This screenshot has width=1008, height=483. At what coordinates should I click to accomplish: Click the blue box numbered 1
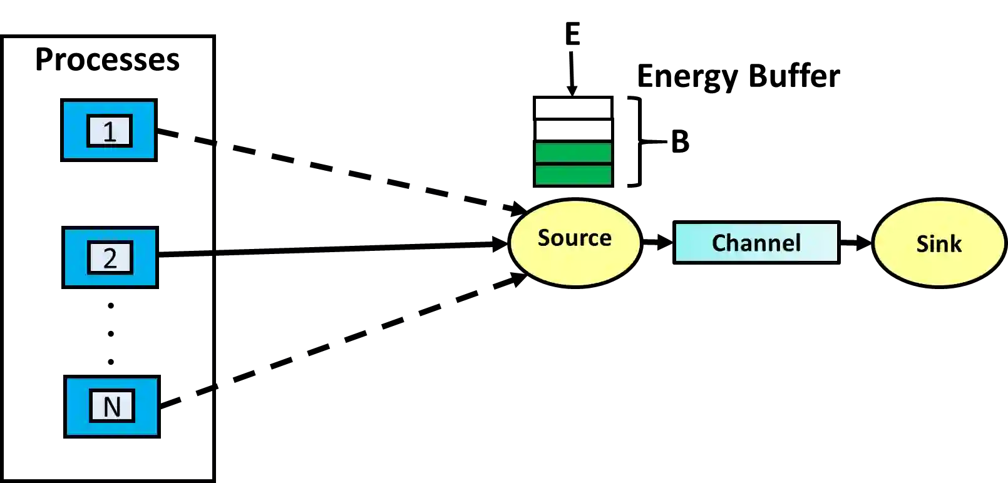[x=110, y=131]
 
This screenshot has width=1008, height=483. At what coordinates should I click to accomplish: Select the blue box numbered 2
[x=110, y=258]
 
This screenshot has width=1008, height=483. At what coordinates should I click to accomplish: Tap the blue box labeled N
[x=112, y=406]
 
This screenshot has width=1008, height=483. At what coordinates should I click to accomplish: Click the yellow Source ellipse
[x=575, y=243]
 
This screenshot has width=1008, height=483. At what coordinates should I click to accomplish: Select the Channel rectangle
[x=756, y=243]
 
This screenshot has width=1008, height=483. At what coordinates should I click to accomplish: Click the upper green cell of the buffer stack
[x=572, y=153]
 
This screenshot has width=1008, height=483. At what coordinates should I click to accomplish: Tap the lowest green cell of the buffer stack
[x=572, y=175]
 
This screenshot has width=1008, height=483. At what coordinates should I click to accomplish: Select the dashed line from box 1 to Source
[x=344, y=173]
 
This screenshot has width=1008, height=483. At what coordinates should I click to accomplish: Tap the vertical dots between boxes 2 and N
[x=110, y=333]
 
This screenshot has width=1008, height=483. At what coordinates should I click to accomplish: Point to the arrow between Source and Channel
[x=656, y=241]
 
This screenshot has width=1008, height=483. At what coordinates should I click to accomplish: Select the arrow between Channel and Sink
[x=856, y=242]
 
